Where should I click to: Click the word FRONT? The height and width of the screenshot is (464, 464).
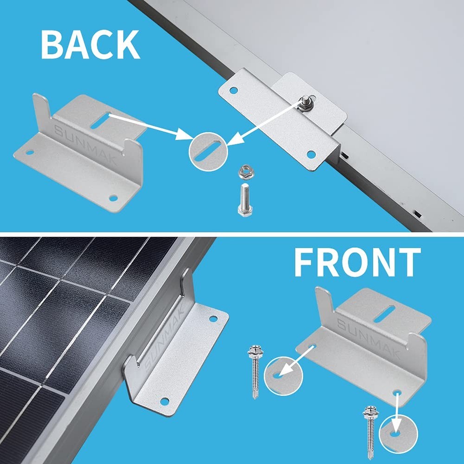357,263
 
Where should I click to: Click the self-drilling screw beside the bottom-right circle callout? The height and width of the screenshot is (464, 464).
370,426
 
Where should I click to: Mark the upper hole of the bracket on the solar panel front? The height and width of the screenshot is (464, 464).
213,319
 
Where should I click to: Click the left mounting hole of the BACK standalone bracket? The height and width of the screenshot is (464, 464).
29,152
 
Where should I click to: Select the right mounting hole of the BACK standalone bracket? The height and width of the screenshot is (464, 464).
112,198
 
